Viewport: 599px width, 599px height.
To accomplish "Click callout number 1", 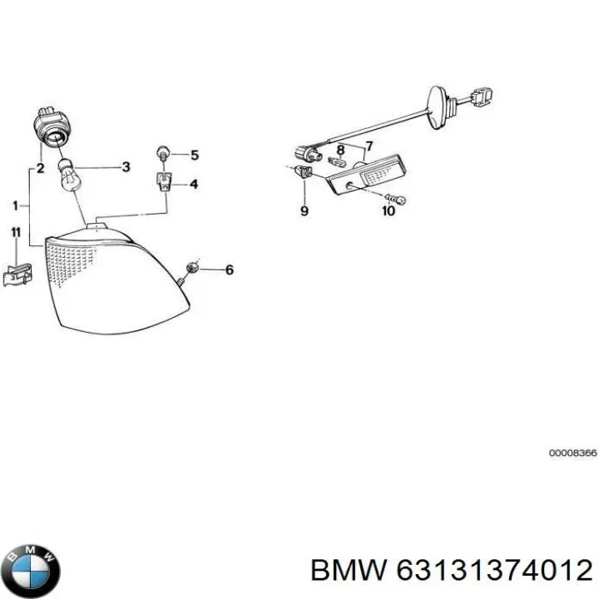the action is click(15, 206).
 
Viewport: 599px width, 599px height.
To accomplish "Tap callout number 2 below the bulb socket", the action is click(40, 168).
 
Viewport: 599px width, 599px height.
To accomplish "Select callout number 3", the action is click(126, 167).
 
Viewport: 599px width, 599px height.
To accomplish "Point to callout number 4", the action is click(194, 185).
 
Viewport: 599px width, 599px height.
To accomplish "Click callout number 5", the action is click(195, 155).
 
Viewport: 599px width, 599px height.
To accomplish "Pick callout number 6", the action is click(230, 270).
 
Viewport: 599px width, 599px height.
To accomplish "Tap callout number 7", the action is click(369, 146).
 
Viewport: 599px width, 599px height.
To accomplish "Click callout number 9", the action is click(304, 210).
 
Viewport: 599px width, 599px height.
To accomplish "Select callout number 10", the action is click(389, 210).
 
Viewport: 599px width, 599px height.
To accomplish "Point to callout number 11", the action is click(16, 233).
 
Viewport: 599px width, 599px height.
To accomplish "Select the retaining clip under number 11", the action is click(17, 274).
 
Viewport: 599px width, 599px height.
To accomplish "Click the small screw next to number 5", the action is click(163, 153).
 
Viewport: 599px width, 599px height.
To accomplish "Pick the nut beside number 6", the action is click(192, 268).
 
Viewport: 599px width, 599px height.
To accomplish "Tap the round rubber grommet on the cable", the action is click(435, 107).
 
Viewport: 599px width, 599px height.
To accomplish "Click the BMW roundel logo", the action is click(33, 572).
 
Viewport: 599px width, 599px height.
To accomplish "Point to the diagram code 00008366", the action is click(572, 453).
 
